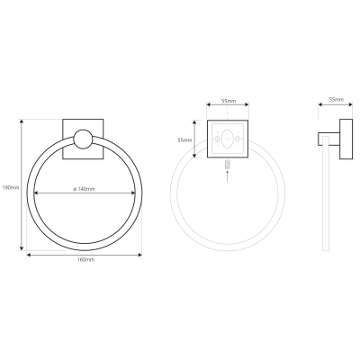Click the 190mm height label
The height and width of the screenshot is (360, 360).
pyautogui.click(x=11, y=187)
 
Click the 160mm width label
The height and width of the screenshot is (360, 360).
pyautogui.click(x=85, y=259)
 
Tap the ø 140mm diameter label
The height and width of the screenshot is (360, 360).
pyautogui.click(x=85, y=189)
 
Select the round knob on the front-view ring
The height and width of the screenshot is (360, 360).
pyautogui.click(x=83, y=139)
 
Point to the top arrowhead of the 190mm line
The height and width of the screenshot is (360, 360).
pyautogui.click(x=22, y=121)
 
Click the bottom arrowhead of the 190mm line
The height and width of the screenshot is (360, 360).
pyautogui.click(x=22, y=248)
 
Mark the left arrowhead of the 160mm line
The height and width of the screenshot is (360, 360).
pyautogui.click(x=29, y=255)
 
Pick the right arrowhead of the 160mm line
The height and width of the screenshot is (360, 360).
pyautogui.click(x=139, y=255)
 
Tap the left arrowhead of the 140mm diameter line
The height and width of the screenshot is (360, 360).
pyautogui.click(x=36, y=193)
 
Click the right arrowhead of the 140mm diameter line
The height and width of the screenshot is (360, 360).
pyautogui.click(x=133, y=193)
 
